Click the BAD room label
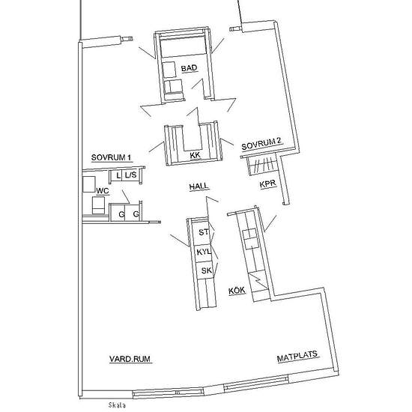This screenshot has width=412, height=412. coord(190,68)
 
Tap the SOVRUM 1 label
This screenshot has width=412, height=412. coord(111,157)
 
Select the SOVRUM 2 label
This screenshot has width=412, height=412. coord(261,144)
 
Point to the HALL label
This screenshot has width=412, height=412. coord(199,187)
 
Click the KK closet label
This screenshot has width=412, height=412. coord(196,155)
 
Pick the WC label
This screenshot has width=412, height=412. coord(103,191)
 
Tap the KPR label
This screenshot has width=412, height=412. coord(267,184)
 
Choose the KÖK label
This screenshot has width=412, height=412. coord(237,291)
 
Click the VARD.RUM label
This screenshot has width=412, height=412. coord(130,359)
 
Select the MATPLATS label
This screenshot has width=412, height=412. coord(297,357)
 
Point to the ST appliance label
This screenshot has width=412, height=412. coord(204,232)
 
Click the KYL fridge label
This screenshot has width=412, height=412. coord(204,252)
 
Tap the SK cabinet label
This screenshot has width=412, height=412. coord(206,270)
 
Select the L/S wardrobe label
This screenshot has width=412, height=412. coord(130,175)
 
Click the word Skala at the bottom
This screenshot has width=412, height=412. coord(117,405)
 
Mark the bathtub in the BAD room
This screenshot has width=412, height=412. coord(183,47)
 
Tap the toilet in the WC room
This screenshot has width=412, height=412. coord(98,205)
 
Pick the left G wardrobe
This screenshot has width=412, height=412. coord(118,213)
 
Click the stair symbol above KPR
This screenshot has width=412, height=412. coord(261,165)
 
